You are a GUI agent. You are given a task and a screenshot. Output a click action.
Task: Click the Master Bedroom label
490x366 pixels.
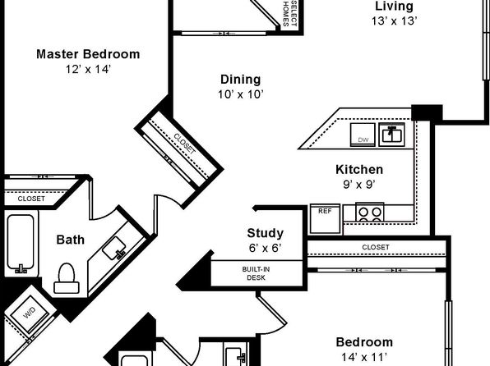tap(88, 54)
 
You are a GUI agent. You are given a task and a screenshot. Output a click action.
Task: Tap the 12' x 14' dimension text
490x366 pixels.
tap(88, 69)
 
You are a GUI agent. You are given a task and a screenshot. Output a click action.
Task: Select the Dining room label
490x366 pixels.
tap(241, 80)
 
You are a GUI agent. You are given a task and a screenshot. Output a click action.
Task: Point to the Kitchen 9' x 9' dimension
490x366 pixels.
tap(359, 185)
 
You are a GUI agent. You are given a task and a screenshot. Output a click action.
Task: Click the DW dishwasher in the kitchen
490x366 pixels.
tap(363, 135)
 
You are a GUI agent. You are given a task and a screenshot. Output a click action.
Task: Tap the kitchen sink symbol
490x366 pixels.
tap(392, 134)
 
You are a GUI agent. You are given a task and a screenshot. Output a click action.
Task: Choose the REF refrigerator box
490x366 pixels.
tap(325, 219)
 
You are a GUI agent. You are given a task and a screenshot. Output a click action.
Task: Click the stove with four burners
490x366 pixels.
tap(370, 213)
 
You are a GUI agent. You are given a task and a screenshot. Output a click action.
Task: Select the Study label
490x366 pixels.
tap(266, 233)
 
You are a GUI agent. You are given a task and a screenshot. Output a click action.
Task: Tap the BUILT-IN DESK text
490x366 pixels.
tap(256, 273)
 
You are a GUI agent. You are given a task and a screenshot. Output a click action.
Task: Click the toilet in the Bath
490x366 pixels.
tap(67, 278)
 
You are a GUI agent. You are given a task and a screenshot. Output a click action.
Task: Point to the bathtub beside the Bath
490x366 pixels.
tap(21, 244)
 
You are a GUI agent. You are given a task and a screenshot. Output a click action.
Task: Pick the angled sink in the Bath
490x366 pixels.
tap(114, 248)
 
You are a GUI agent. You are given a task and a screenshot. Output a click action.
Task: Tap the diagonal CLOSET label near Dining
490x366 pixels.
tap(185, 144)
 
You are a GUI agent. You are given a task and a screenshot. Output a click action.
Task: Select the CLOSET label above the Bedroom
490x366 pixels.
tap(376, 247)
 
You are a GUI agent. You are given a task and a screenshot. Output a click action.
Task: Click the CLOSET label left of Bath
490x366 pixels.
tap(31, 199)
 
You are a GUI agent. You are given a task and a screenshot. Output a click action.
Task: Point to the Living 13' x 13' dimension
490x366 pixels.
tap(395, 21)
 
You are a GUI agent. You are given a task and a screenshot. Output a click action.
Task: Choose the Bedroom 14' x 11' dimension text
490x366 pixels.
tap(364, 356)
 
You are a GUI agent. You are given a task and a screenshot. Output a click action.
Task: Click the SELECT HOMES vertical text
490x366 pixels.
tap(289, 13)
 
